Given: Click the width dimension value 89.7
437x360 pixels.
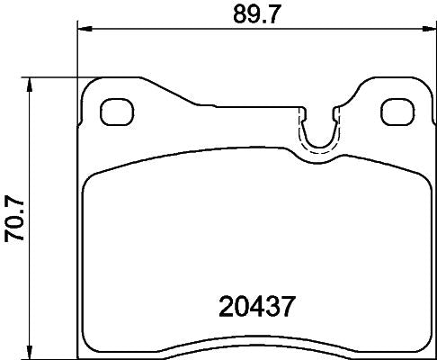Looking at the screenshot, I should [x=252, y=13].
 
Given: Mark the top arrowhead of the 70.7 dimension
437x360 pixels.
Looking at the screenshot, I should [x=32, y=83].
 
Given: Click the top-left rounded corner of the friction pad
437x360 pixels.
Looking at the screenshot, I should [x=89, y=179].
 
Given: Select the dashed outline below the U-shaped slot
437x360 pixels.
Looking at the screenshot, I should [x=315, y=153].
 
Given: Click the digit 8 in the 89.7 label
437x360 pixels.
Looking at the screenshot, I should [x=236, y=13].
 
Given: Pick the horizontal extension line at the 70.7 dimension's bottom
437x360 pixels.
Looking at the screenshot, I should [x=54, y=355].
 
